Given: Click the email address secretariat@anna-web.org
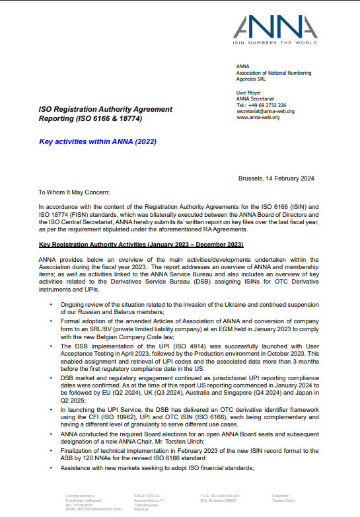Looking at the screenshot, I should pos(266,111).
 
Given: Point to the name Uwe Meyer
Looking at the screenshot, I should pos(248,93).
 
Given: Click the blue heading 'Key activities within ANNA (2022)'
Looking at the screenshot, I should pos(98,141).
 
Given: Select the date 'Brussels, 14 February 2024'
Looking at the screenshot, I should pos(275,179).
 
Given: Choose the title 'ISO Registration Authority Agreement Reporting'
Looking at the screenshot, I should pos(106,114).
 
